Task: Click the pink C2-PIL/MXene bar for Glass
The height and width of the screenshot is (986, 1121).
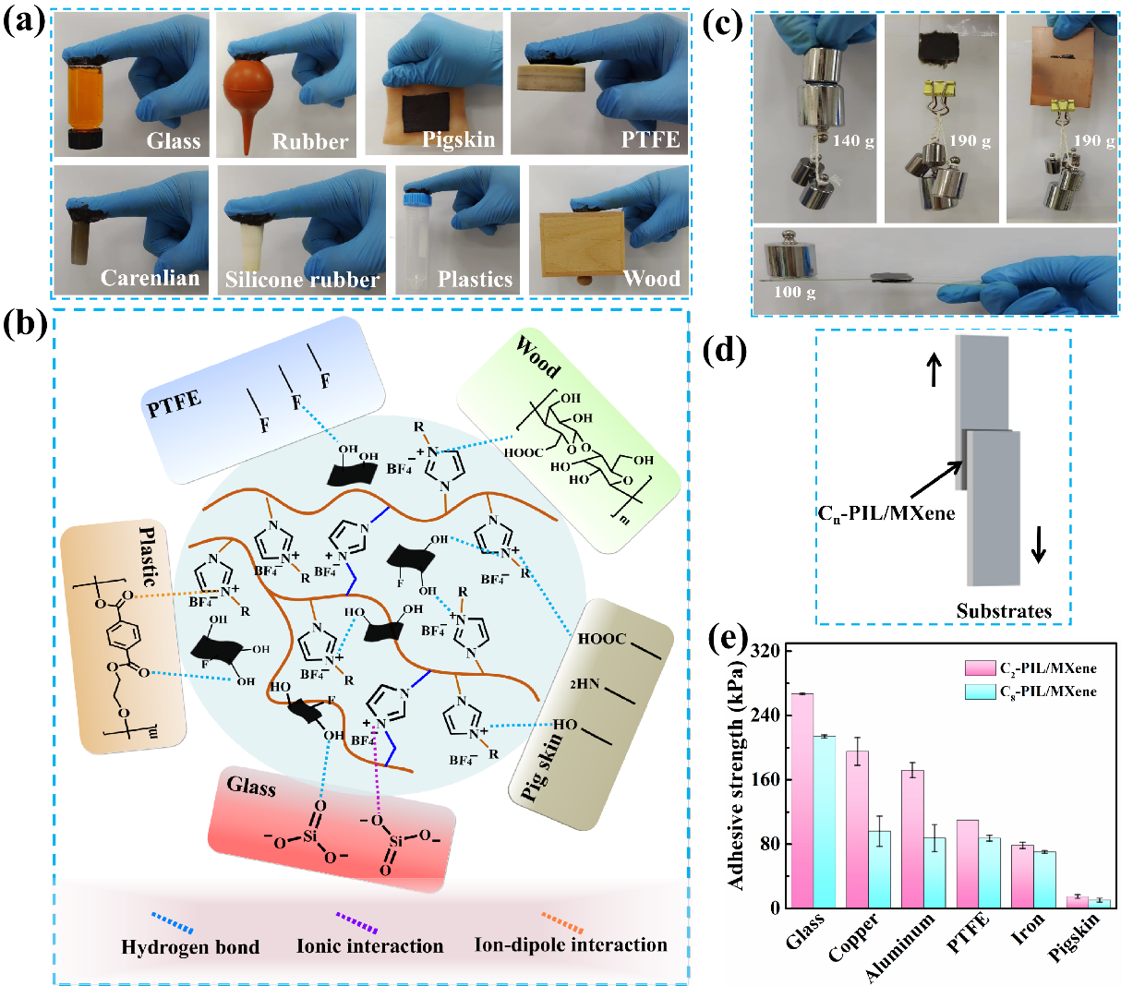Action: [802, 800]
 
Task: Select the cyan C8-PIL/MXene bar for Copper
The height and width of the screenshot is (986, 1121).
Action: [879, 869]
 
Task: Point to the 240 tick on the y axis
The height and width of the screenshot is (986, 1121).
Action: [767, 715]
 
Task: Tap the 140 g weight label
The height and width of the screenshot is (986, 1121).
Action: [852, 141]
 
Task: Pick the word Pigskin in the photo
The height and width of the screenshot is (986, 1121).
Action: [459, 140]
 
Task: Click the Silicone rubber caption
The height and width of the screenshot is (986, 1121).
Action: [302, 279]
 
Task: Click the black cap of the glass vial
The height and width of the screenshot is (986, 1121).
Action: [92, 142]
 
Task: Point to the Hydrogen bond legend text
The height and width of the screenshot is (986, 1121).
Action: [190, 947]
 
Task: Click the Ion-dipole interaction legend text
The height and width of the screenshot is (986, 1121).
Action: [570, 945]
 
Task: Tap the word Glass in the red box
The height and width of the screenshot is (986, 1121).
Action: [251, 786]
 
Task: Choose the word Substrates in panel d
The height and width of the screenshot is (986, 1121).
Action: [1004, 610]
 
